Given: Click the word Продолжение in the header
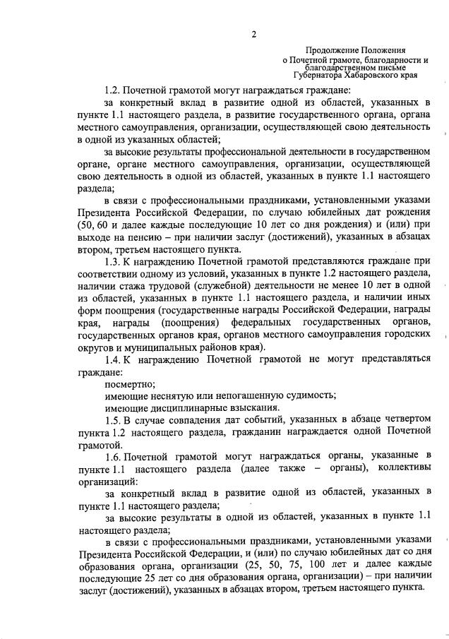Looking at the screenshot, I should pos(332,52).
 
